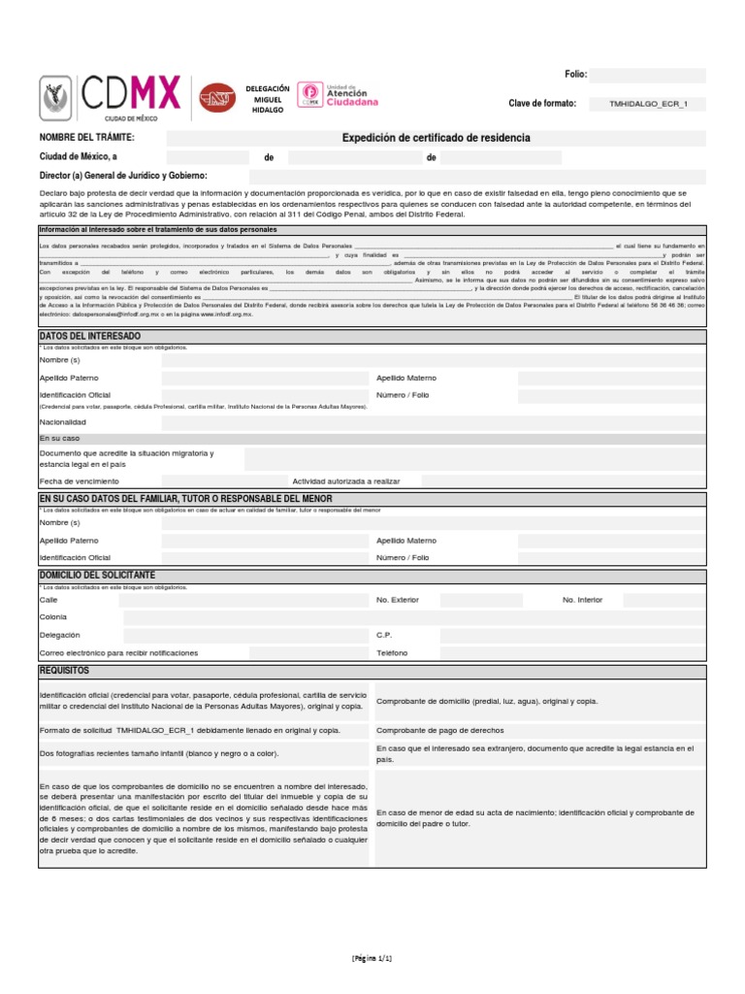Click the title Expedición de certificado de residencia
point(436,138)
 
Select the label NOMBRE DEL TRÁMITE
point(86,138)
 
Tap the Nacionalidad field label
point(63,422)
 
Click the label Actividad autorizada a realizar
point(345,480)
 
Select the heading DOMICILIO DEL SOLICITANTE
point(97,576)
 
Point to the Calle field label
point(49,600)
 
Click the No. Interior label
point(582,600)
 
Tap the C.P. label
point(383,635)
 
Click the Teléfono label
point(392,652)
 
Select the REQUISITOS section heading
point(64,671)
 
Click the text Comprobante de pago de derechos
point(439,730)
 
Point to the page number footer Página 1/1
point(372,957)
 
